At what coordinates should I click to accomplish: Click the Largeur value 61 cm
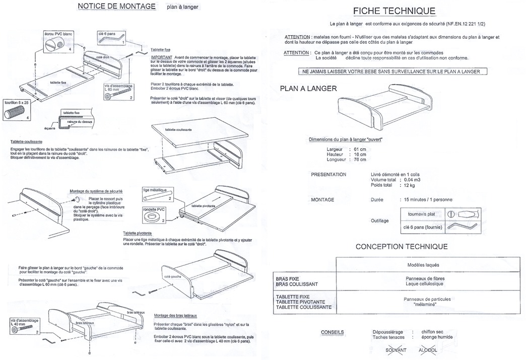click(x=360, y=150)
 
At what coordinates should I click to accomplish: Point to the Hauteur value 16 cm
click(x=360, y=155)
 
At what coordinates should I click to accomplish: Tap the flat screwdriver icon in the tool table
click(x=460, y=213)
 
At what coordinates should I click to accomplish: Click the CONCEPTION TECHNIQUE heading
click(x=402, y=246)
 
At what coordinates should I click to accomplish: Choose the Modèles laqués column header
click(x=422, y=265)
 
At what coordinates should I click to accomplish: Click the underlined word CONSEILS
click(x=333, y=332)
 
